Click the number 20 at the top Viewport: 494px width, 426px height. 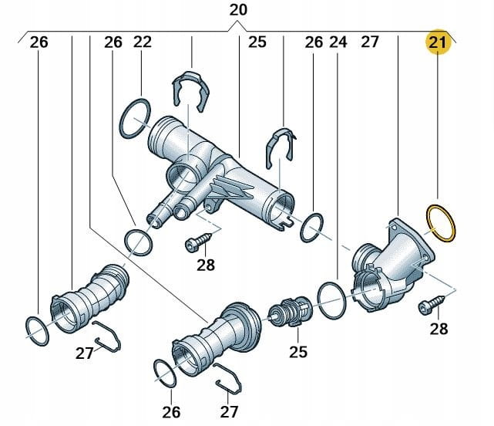[x=238, y=10]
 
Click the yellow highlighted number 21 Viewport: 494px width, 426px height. [x=438, y=42]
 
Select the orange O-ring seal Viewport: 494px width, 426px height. [x=441, y=223]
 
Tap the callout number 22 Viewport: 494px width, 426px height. [x=143, y=42]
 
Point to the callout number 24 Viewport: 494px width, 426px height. [x=338, y=42]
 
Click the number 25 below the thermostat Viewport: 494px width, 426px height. [x=298, y=352]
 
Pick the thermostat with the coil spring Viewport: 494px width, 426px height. [x=291, y=312]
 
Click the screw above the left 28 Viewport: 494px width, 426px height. [x=199, y=242]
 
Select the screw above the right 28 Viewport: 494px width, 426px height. [x=432, y=304]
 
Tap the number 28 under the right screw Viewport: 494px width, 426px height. [x=439, y=329]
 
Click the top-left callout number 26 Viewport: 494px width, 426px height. [x=39, y=42]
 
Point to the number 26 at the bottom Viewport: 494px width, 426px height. [x=171, y=412]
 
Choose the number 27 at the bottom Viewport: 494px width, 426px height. [x=229, y=412]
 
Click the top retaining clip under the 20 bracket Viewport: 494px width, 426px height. [x=191, y=92]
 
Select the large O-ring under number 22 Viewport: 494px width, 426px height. [x=135, y=118]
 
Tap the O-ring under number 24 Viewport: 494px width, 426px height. [x=331, y=301]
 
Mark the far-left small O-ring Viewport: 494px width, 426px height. [x=37, y=331]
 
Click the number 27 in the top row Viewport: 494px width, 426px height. [x=370, y=42]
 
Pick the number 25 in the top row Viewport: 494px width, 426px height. [x=257, y=42]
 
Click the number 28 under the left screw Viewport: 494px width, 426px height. [x=206, y=265]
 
